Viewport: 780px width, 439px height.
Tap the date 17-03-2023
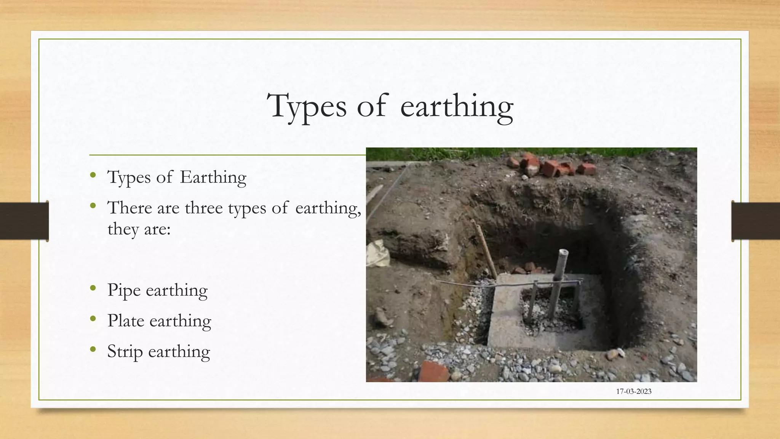[634, 391]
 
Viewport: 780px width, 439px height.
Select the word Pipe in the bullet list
[124, 290]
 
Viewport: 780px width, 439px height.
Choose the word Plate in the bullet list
[126, 321]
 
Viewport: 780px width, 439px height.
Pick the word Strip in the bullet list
[125, 351]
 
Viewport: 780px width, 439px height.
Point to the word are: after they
[157, 229]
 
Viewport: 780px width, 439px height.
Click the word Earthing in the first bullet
[213, 177]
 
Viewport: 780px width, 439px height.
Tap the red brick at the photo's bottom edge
[434, 371]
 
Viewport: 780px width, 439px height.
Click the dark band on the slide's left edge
[24, 221]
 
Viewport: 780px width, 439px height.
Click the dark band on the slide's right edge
[756, 221]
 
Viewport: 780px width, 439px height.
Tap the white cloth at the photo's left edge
[377, 253]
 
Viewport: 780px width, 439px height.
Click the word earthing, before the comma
[328, 208]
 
